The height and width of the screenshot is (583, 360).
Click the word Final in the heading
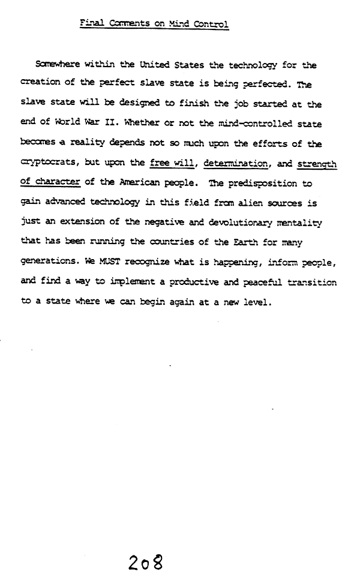click(x=91, y=25)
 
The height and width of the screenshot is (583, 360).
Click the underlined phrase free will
click(x=173, y=164)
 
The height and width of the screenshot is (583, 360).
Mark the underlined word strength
click(x=317, y=164)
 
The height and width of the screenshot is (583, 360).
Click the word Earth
click(x=257, y=243)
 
